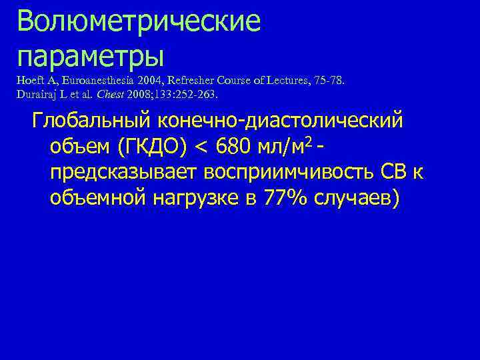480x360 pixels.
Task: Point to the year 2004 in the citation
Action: point(145,81)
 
